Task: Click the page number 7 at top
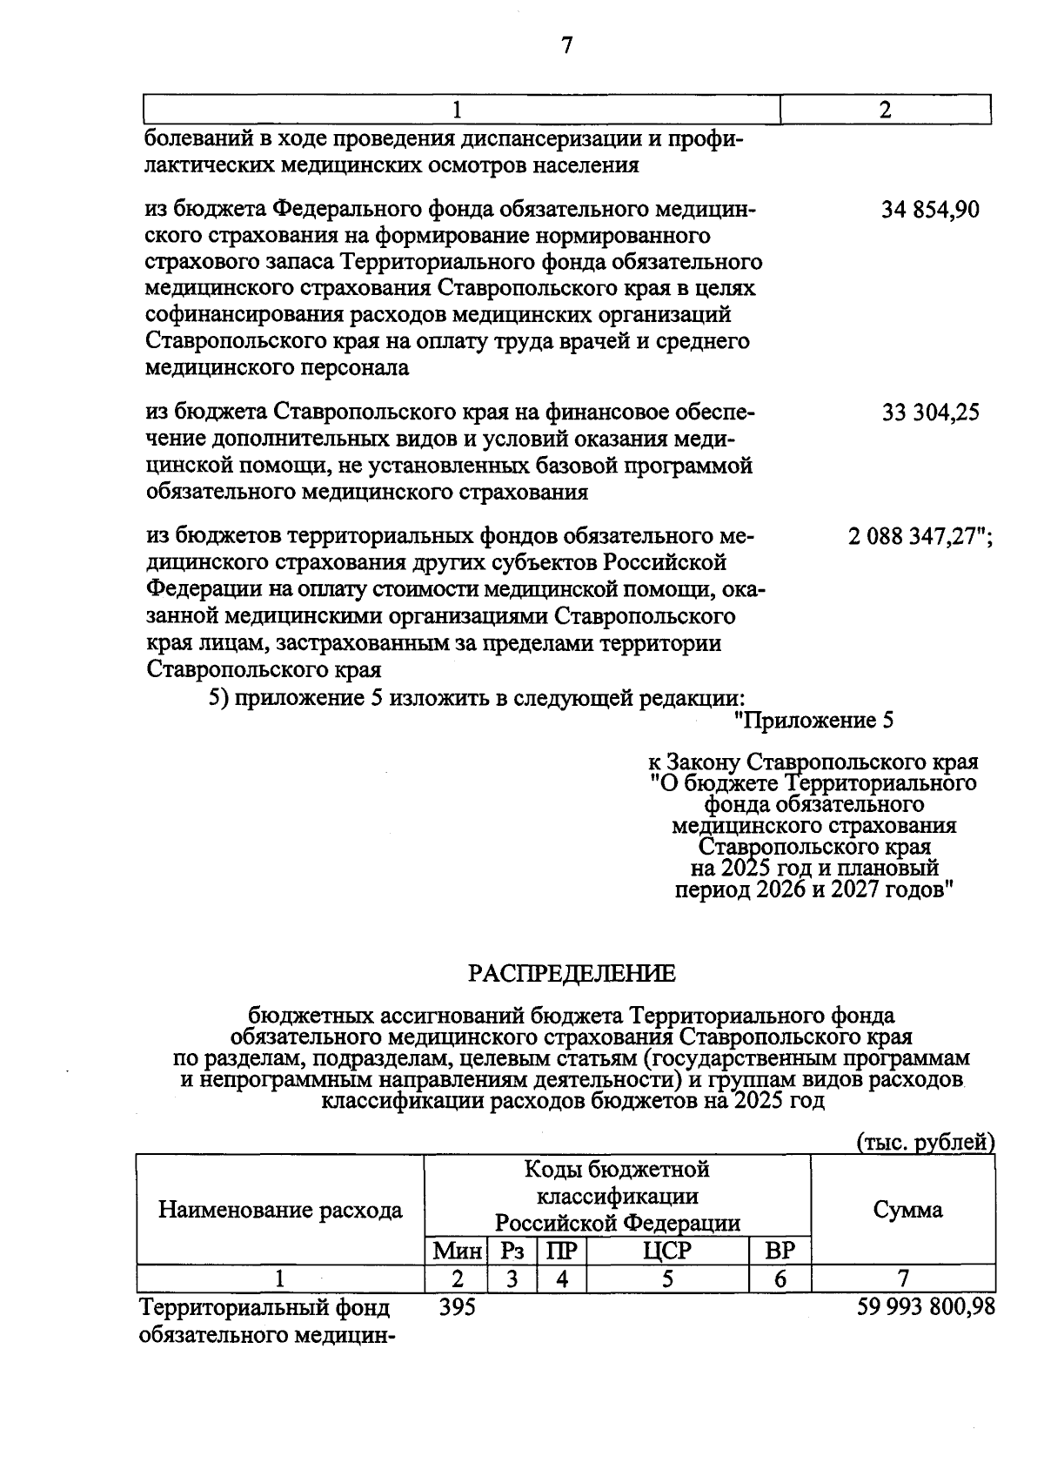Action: pyautogui.click(x=566, y=45)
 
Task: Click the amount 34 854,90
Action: pyautogui.click(x=930, y=210)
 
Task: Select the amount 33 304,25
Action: pyautogui.click(x=930, y=412)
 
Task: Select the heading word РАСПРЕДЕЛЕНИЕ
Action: pyautogui.click(x=572, y=974)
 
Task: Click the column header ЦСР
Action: pyautogui.click(x=667, y=1252)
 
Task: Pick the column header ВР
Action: pyautogui.click(x=780, y=1252)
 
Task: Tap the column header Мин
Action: pyautogui.click(x=458, y=1252)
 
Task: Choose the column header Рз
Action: pyautogui.click(x=513, y=1252)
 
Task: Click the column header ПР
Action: pyautogui.click(x=561, y=1252)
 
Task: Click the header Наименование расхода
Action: pyautogui.click(x=280, y=1210)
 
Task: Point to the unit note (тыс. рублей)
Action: pyautogui.click(x=925, y=1142)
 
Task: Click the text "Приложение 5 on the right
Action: pyautogui.click(x=813, y=721)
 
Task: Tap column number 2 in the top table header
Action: pyautogui.click(x=886, y=111)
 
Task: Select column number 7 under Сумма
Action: pyautogui.click(x=903, y=1278)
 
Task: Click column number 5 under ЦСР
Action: pyautogui.click(x=667, y=1278)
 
